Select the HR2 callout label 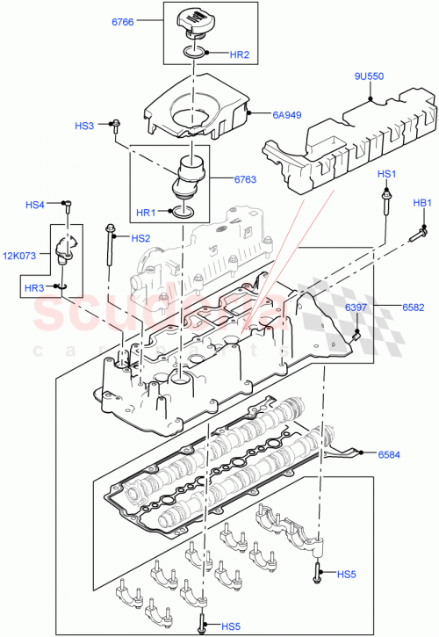point(241,55)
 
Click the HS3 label point(84,127)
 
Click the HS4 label point(35,206)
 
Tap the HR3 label point(34,287)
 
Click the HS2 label point(140,238)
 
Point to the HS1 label point(387,175)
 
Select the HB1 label point(423,204)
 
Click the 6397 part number point(356,307)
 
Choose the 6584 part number point(391,454)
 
